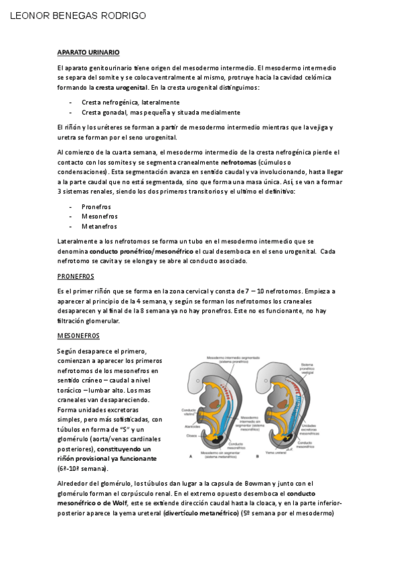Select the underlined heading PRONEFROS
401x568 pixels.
(76, 276)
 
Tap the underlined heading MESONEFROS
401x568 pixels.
(78, 335)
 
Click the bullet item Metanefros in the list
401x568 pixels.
(100, 226)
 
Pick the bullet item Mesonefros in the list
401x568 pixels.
(99, 216)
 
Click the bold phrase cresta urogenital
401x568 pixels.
(121, 87)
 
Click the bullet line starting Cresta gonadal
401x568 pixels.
(161, 113)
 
